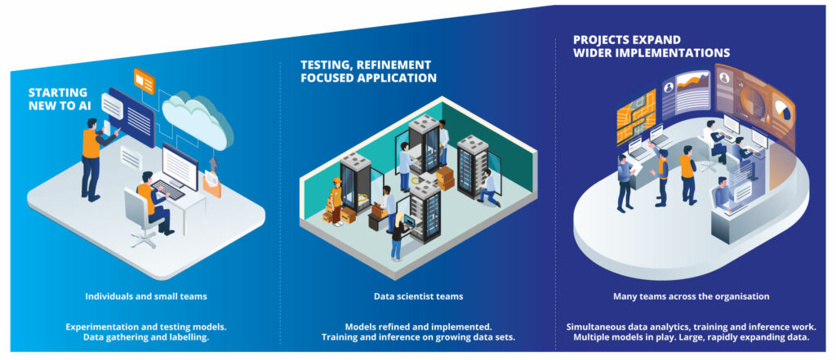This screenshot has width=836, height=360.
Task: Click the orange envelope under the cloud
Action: [x=211, y=185]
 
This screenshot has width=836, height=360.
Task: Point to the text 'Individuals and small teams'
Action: [x=145, y=296]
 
